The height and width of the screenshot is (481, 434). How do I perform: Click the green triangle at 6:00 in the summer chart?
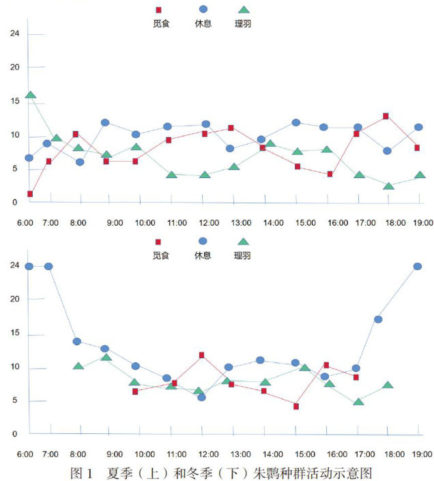[31, 96]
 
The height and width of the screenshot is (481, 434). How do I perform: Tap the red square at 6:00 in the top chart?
[30, 194]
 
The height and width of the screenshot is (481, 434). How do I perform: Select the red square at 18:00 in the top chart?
[386, 116]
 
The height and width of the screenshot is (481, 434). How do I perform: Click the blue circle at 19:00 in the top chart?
[418, 127]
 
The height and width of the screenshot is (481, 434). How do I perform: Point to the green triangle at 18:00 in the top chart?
[388, 186]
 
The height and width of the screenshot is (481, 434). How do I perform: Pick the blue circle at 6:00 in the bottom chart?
[29, 266]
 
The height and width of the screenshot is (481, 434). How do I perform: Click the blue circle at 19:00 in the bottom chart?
[418, 266]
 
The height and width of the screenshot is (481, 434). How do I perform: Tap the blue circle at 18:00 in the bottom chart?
[378, 319]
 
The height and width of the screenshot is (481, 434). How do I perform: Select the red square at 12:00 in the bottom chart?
[202, 355]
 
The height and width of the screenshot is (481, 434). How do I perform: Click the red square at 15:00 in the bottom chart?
[296, 406]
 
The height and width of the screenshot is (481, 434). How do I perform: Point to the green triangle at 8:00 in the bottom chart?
[78, 366]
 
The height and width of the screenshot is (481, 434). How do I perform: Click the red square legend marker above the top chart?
[160, 10]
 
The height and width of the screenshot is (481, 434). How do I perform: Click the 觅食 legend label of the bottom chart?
[161, 255]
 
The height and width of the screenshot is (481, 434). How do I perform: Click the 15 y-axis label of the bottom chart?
[14, 335]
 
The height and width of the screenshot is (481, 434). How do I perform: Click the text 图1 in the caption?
[81, 471]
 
